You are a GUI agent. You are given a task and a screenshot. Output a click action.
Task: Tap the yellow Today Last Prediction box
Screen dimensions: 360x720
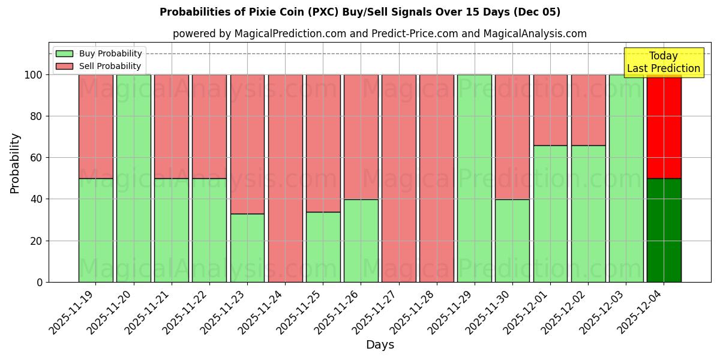click(x=663, y=62)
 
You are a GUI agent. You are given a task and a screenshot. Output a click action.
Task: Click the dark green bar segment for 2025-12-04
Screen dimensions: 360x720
click(x=664, y=230)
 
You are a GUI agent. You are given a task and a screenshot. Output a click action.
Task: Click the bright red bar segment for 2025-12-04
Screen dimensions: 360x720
click(x=664, y=126)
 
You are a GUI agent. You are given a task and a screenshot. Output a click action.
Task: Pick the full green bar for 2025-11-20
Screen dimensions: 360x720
click(x=133, y=178)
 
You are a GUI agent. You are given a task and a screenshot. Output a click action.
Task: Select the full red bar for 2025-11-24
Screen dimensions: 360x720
click(x=285, y=178)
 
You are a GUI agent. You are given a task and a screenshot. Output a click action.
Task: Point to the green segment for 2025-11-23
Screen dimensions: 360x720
click(x=247, y=247)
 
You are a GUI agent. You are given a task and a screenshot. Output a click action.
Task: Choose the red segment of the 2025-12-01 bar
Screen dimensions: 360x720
click(x=550, y=110)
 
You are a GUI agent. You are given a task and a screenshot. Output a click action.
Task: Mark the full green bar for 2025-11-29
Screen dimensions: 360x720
click(x=474, y=178)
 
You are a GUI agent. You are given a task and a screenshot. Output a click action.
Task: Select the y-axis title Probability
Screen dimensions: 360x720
click(x=15, y=163)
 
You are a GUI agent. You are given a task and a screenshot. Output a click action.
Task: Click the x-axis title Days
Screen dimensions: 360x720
click(x=380, y=345)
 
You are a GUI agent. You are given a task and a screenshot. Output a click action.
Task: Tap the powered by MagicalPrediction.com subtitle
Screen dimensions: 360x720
click(x=380, y=34)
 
